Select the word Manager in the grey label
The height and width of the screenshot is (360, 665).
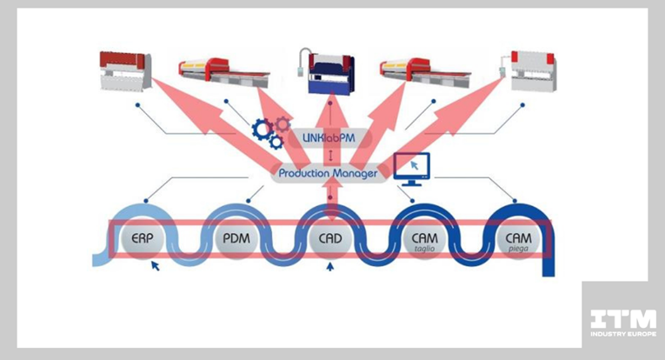pos(356,174)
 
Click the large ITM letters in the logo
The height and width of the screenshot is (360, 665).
pos(622,319)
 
